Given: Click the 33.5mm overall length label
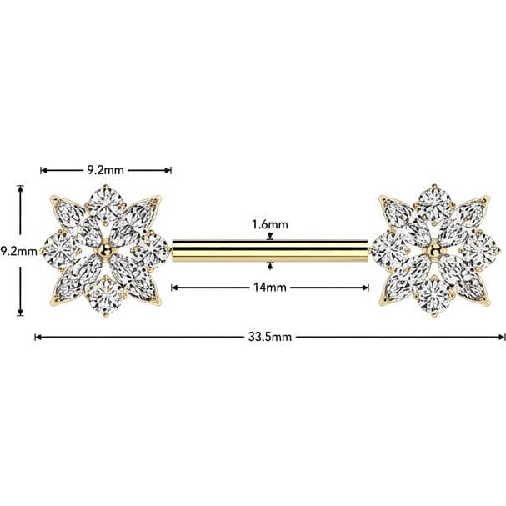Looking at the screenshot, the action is (x=270, y=338).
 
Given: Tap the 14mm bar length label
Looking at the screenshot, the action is (x=270, y=288).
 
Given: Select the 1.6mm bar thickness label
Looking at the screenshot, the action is (x=270, y=224).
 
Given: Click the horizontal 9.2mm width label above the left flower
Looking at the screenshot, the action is (x=105, y=170).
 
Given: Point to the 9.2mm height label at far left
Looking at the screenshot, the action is (x=18, y=251).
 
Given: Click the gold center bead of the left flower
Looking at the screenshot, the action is (x=105, y=249).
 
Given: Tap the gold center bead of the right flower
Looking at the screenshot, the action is (x=434, y=249).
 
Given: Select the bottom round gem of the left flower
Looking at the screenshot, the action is (x=105, y=296).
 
